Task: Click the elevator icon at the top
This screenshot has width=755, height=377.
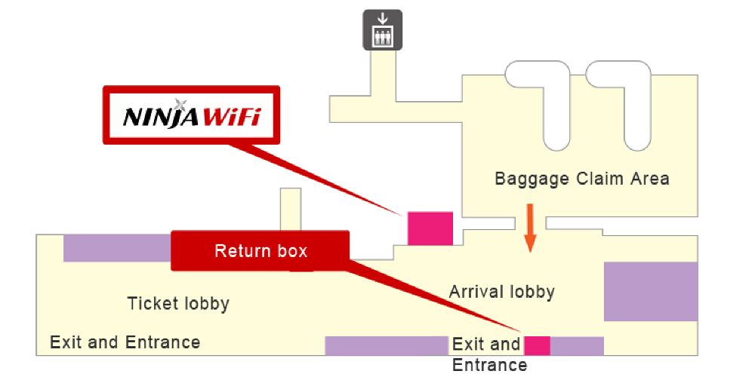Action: [x=383, y=30]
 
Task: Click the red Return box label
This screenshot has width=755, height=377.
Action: [x=260, y=251]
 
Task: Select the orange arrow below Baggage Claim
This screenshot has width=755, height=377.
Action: [x=530, y=226]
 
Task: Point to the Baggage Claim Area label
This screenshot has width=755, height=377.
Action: [x=581, y=179]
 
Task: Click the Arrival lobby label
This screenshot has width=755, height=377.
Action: [x=502, y=291]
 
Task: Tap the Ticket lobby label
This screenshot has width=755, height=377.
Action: [x=178, y=304]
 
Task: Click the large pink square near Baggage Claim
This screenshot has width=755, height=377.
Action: [x=430, y=228]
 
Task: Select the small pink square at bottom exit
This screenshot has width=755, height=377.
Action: [x=537, y=346]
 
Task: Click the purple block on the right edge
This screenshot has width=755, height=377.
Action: [x=650, y=291]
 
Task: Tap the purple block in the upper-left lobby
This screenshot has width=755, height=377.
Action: [x=117, y=248]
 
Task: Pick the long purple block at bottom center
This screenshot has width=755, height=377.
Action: [x=387, y=346]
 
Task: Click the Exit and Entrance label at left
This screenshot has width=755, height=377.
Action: [x=125, y=342]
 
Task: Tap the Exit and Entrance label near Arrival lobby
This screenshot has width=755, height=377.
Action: [x=487, y=354]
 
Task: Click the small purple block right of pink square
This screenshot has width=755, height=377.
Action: [x=578, y=346]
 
